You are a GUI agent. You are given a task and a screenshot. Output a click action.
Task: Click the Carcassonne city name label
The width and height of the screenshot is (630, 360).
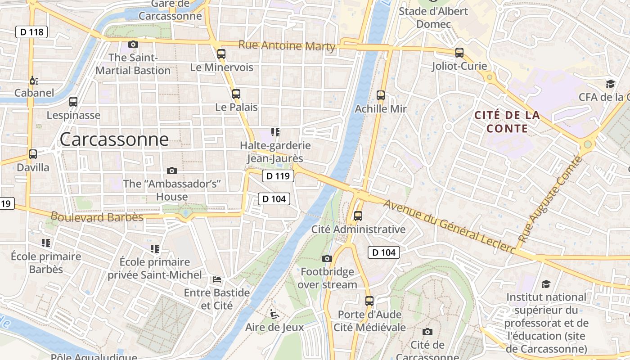tap(114, 139)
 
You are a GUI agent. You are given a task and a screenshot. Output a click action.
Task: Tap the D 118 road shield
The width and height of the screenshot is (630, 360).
tap(31, 32)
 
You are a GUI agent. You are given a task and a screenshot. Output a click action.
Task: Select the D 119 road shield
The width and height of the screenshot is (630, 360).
tap(278, 176)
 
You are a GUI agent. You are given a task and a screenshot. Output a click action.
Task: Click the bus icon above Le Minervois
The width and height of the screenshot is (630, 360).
tap(221, 54)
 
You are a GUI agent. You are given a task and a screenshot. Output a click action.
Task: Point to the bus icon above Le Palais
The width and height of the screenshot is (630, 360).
tap(236, 94)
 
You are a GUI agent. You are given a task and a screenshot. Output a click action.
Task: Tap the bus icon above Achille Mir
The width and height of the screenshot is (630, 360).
tap(381, 95)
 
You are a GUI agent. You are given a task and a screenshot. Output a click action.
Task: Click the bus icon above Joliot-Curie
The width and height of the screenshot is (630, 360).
tap(459, 53)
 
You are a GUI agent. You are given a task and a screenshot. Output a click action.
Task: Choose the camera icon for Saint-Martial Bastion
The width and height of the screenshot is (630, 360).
tap(133, 44)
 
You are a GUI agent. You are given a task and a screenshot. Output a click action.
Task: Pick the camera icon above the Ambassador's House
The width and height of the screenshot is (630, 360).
tap(171, 171)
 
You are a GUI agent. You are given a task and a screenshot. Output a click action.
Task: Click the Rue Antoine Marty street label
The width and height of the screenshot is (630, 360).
tap(287, 45)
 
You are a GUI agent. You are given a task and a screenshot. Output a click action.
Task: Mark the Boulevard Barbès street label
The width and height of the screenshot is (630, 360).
tap(97, 217)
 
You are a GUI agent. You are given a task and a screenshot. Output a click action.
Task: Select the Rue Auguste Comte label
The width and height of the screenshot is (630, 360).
tap(549, 198)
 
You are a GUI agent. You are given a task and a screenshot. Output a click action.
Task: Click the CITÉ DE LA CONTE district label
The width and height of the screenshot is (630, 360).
tap(507, 121)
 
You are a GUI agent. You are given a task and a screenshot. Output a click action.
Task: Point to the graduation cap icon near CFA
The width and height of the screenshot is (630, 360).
tap(610, 84)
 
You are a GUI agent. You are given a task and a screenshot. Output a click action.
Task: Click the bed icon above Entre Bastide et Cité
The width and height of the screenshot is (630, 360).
tap(217, 279)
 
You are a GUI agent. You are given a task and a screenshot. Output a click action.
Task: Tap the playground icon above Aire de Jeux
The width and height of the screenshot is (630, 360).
tap(274, 314)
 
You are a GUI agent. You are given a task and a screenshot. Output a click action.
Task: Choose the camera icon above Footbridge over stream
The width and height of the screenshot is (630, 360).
tap(327, 258)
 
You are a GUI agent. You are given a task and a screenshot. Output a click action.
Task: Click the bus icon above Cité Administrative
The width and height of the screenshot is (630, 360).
tap(358, 216)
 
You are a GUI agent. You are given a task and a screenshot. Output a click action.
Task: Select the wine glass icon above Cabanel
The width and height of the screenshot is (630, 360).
tap(34, 81)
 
